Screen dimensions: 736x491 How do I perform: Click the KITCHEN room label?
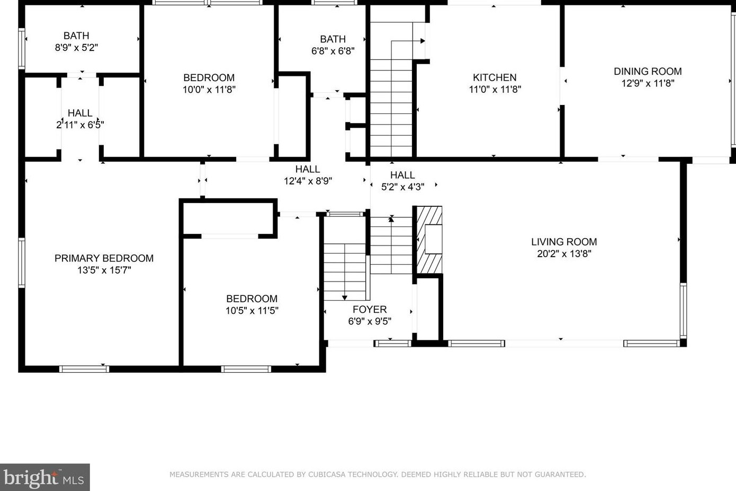495,77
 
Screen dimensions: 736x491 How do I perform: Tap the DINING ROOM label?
648,71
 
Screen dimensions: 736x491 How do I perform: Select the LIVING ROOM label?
564,242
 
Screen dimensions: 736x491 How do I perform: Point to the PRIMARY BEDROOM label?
104,258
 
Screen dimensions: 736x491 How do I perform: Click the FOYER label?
370,309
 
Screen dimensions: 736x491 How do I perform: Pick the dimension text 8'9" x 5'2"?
76,47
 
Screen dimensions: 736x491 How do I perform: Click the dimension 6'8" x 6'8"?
333,51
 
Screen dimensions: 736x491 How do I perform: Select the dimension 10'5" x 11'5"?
252,310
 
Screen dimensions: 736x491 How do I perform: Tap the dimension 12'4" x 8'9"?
308,181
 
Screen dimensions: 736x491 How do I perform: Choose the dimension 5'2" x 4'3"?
402,187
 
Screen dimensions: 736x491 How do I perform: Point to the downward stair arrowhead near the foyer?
344,298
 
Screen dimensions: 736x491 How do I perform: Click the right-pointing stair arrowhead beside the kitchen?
423,41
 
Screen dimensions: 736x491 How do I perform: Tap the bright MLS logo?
44,477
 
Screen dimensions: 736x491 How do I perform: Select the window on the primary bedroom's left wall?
22,262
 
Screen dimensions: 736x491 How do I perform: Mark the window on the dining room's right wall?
733,79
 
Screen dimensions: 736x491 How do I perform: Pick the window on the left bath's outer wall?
22,49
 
